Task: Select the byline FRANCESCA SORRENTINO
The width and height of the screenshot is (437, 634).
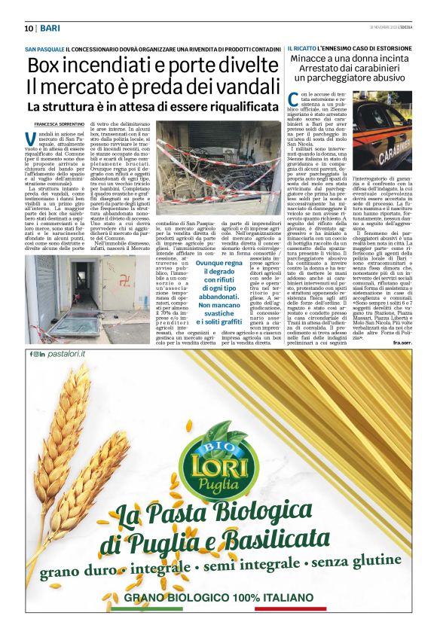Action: (57, 123)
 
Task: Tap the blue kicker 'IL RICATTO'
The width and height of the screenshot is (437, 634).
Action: (302, 48)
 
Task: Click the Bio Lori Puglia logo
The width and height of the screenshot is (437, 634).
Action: (218, 459)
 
